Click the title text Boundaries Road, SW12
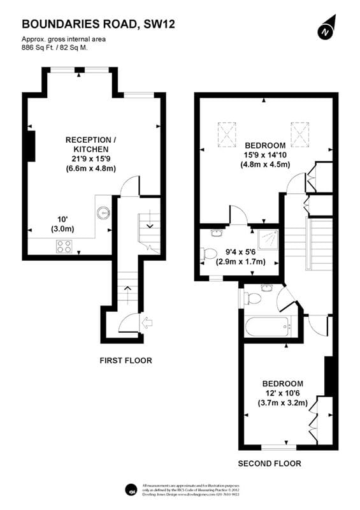[99, 25]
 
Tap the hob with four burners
[64, 246]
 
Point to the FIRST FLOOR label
[126, 361]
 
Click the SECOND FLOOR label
[270, 463]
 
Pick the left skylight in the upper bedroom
[226, 135]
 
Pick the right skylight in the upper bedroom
[299, 135]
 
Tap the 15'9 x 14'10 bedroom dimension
[266, 155]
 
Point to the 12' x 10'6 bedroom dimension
[282, 393]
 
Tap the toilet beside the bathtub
[253, 298]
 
